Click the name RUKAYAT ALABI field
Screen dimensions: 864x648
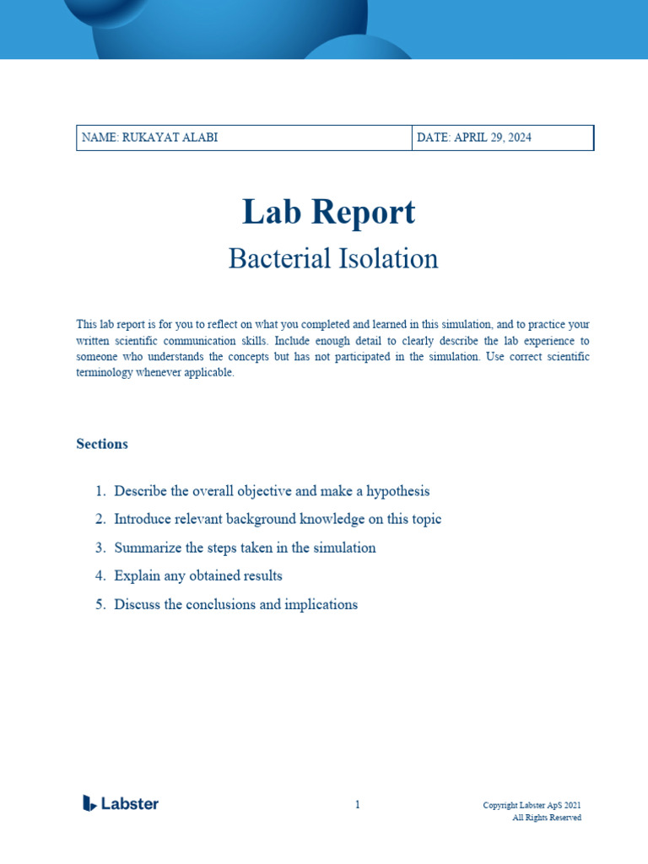[x=149, y=138]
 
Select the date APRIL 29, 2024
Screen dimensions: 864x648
[x=474, y=138]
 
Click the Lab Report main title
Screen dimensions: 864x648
[x=328, y=212]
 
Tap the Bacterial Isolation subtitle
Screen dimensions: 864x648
[x=333, y=258]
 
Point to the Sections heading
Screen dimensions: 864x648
[x=102, y=444]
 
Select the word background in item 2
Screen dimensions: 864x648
[x=251, y=519]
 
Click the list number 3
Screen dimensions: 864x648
[x=100, y=548]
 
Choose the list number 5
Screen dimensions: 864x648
[x=100, y=604]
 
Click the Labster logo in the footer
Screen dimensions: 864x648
[x=121, y=803]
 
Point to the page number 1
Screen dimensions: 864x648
[x=357, y=805]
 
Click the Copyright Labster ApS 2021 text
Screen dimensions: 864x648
[x=532, y=805]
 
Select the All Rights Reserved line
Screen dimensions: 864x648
[x=547, y=818]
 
